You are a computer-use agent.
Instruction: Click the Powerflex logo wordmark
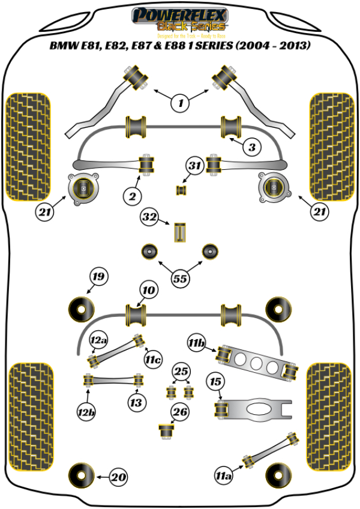coord(179,14)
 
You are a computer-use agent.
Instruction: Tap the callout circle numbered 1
coord(179,103)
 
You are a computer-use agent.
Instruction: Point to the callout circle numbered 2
coord(133,195)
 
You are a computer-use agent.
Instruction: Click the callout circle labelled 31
coord(194,166)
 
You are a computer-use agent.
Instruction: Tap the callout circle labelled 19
coord(98,277)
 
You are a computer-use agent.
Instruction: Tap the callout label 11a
coord(223,477)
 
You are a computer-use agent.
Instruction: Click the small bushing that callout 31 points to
coord(179,190)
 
